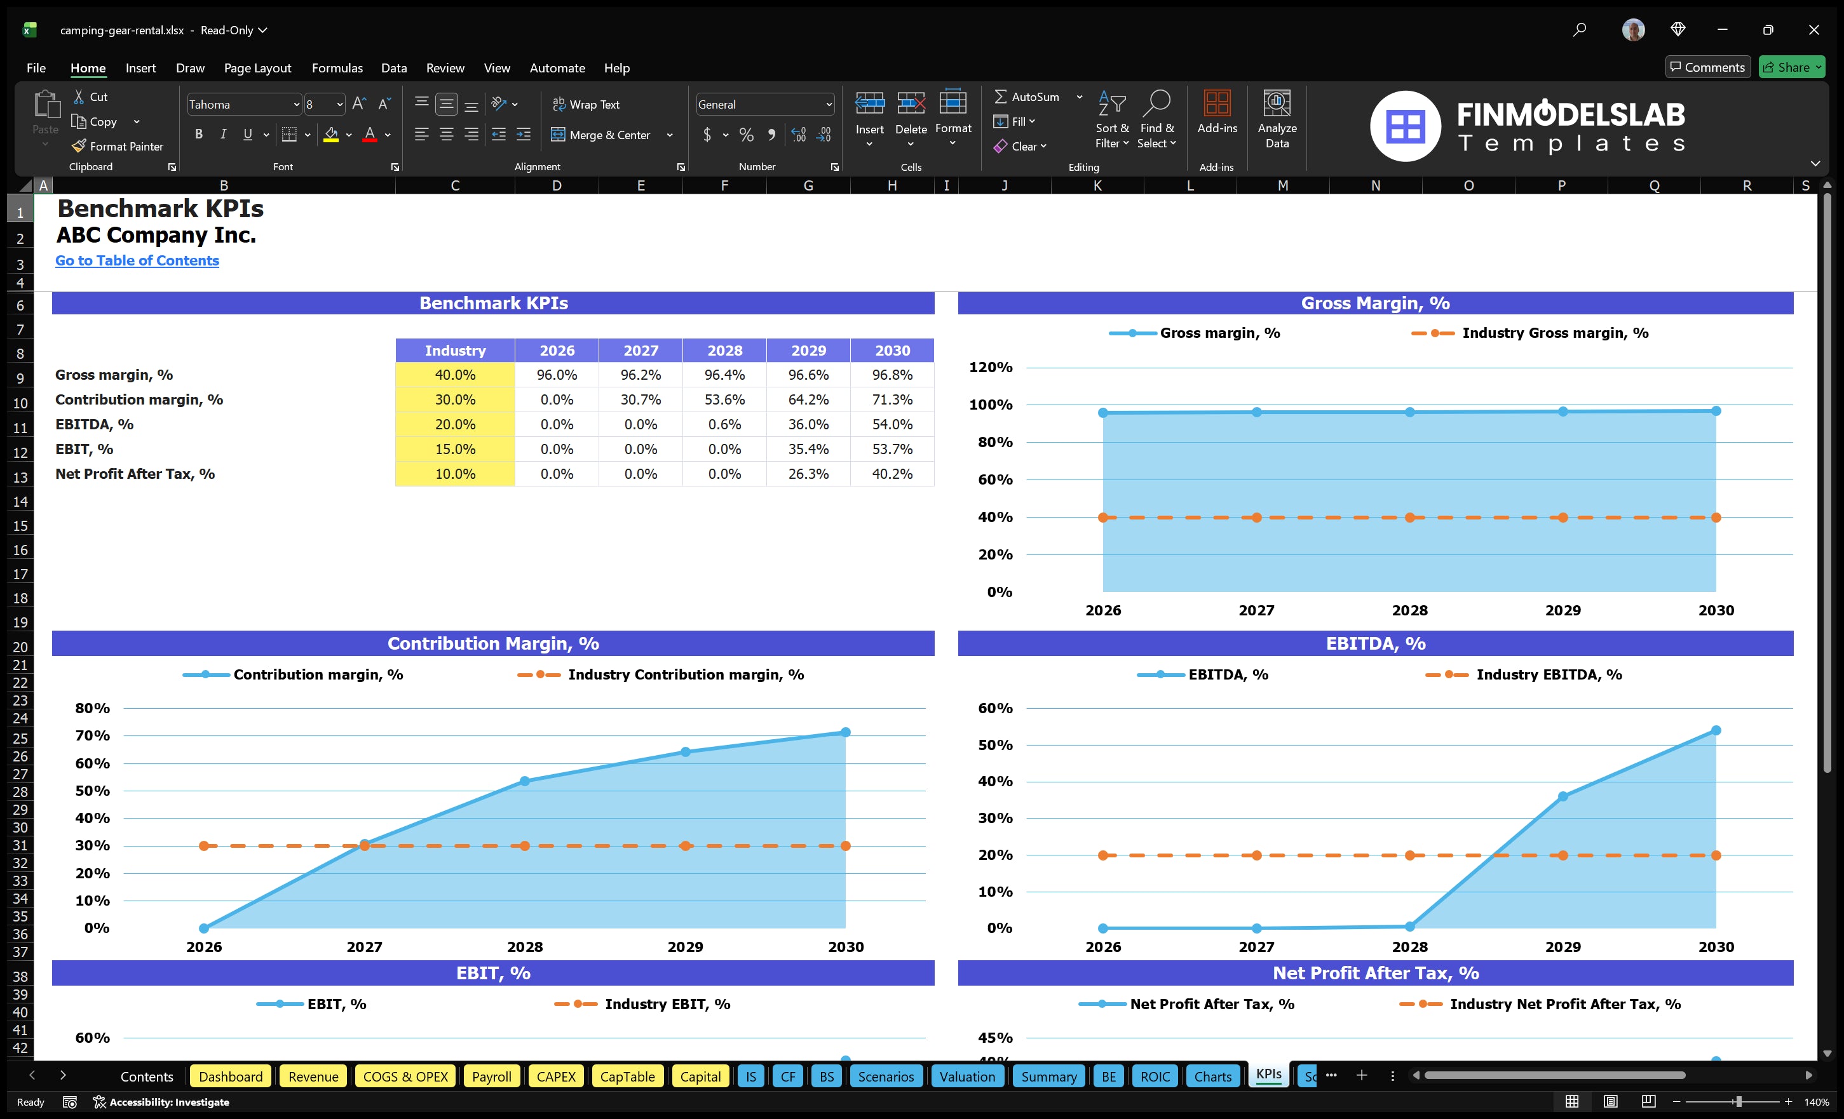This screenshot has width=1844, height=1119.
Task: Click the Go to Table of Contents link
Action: (x=137, y=260)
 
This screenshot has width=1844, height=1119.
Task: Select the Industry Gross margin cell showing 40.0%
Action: (x=454, y=375)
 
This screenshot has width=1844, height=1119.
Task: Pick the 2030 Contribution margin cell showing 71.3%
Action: (x=891, y=399)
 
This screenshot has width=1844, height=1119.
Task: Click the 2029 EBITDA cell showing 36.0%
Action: (x=808, y=424)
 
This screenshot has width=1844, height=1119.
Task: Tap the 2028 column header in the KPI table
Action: (x=724, y=350)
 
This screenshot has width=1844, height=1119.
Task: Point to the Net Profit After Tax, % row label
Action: (x=135, y=474)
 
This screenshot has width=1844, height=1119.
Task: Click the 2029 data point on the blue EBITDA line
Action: (x=1563, y=796)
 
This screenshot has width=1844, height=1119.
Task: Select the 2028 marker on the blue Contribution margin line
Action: (x=525, y=781)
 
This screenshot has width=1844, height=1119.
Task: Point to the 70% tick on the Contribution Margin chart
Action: (x=92, y=735)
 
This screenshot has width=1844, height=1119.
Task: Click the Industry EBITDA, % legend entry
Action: (x=1548, y=674)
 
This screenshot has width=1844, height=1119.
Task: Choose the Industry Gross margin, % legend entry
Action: (x=1554, y=333)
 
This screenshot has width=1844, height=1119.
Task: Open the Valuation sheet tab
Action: (x=967, y=1076)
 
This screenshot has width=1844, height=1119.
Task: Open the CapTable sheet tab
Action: (x=627, y=1076)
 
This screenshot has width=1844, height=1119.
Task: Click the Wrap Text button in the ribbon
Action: (x=586, y=105)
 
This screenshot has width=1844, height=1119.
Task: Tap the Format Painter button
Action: (x=118, y=147)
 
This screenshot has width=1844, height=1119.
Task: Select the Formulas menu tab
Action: (x=337, y=68)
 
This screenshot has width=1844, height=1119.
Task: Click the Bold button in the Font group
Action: (x=198, y=135)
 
